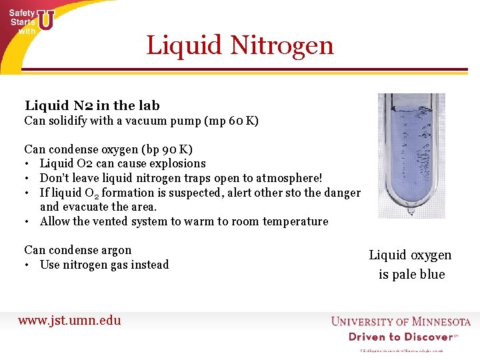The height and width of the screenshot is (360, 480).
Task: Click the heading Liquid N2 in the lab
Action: [x=92, y=105]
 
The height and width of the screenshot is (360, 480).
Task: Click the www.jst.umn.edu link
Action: [x=69, y=320]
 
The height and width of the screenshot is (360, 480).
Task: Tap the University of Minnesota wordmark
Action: [x=401, y=322]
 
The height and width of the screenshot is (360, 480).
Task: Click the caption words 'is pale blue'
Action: [x=411, y=274]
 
